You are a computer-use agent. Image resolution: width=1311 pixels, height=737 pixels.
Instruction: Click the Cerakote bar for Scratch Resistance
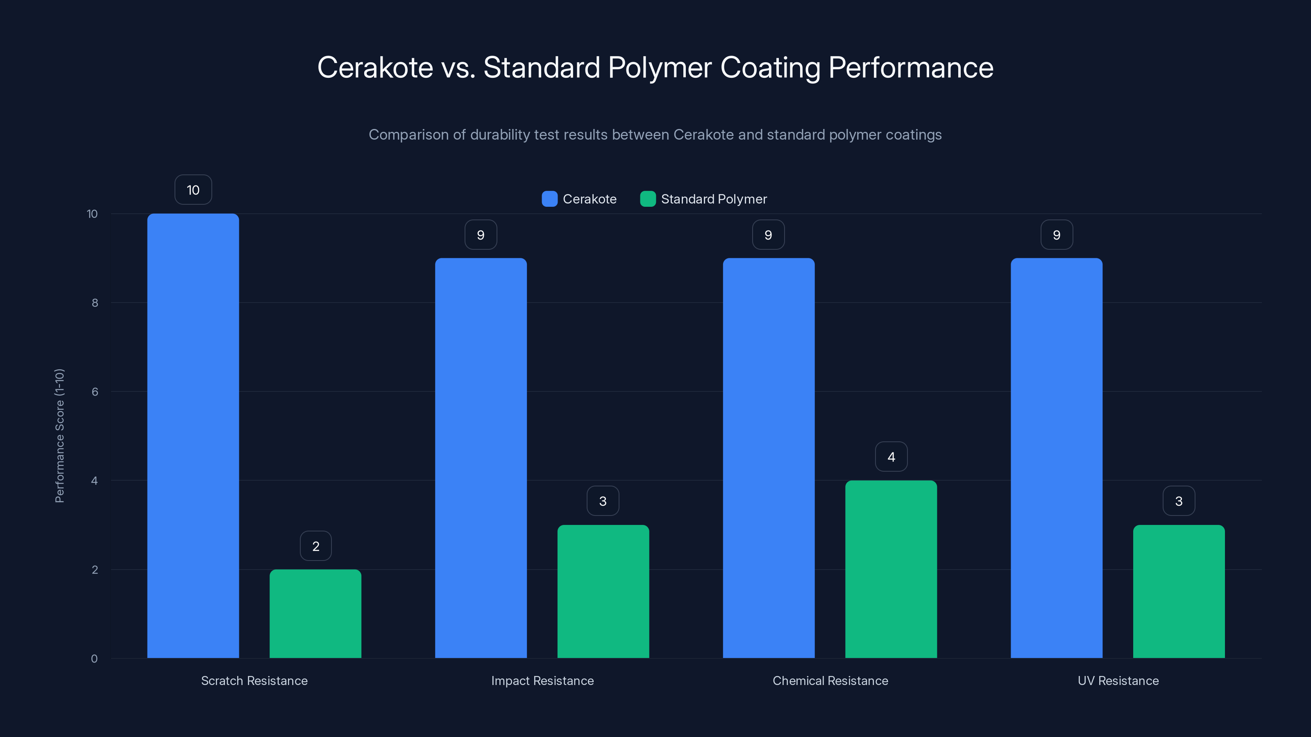pos(193,436)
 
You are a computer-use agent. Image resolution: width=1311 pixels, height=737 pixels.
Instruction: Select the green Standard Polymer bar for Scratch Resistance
pos(315,613)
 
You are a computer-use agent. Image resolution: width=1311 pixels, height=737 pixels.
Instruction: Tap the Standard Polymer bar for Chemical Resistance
pos(891,569)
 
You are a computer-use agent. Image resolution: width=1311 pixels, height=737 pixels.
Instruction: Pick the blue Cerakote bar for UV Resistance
pos(1056,458)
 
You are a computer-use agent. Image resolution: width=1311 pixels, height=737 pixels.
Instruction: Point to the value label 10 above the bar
pos(193,190)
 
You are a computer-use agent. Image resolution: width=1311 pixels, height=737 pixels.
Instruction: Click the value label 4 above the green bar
pos(891,457)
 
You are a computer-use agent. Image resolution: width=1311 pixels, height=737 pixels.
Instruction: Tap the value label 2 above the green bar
pos(315,546)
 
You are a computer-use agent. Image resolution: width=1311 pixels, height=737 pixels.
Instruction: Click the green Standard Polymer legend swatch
pos(648,199)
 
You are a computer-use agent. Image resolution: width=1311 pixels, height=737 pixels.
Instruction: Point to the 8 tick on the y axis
pos(95,303)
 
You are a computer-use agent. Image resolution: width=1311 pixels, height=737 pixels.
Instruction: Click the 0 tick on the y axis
pos(94,659)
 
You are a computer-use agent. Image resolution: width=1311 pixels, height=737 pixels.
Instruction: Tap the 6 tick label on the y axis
pos(95,392)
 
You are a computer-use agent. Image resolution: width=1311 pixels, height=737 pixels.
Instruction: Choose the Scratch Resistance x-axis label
pos(254,680)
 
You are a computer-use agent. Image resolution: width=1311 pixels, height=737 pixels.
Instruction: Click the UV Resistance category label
pos(1118,680)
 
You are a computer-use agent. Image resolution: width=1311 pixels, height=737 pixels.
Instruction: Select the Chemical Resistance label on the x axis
pos(830,680)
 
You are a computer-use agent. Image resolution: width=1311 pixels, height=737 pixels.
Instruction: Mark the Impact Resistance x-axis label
pos(542,680)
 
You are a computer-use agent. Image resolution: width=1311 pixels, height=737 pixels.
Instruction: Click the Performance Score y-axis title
pos(59,436)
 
